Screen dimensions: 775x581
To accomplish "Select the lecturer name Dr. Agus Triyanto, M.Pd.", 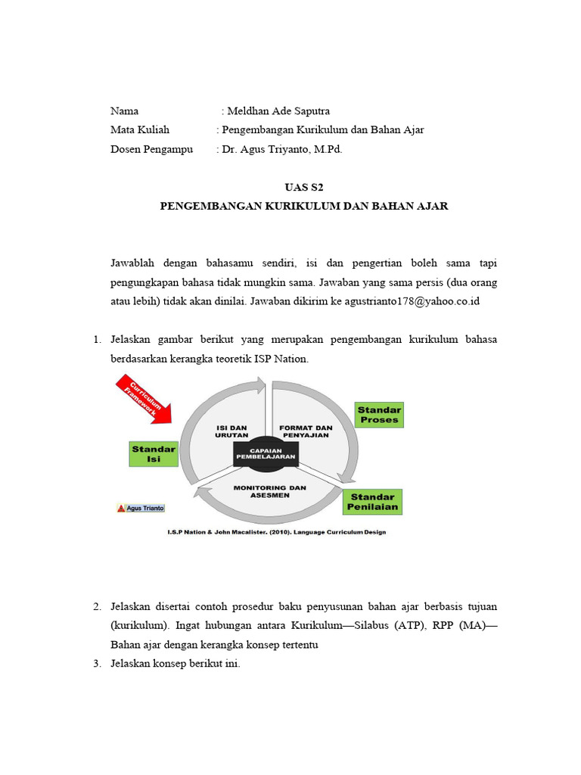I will pos(282,149).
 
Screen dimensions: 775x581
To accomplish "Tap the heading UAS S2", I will pos(303,187).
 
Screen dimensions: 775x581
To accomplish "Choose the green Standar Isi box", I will pos(154,454).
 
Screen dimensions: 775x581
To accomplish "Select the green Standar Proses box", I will pos(379,416).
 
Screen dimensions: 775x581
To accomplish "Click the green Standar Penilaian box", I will pos(372,502).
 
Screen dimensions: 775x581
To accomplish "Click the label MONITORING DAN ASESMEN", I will pos(270,492).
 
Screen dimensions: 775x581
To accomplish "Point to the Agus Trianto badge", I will pos(141,508).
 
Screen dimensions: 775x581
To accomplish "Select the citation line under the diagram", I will pos(276,532).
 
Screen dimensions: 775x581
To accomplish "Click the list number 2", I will pos(98,607).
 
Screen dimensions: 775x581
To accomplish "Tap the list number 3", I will pos(98,664).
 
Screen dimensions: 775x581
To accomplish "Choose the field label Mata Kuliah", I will pos(140,130).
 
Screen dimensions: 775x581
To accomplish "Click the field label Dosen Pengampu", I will pos(151,149).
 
